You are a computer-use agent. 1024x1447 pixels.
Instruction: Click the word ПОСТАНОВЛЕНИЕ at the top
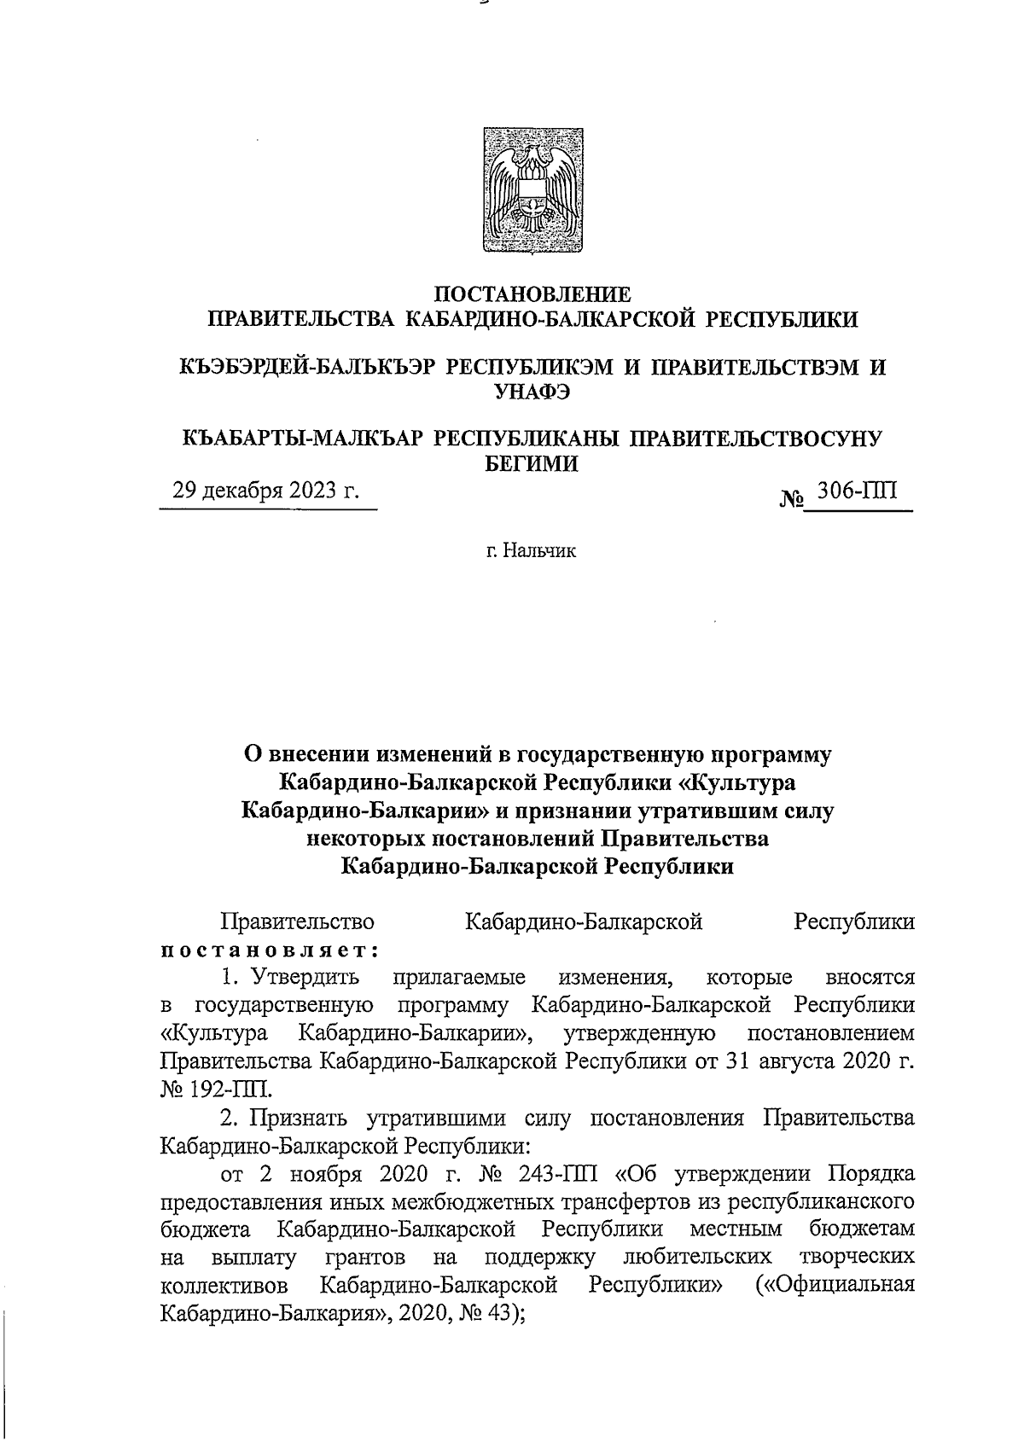[x=533, y=294]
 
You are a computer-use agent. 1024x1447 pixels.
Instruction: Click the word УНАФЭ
[x=533, y=393]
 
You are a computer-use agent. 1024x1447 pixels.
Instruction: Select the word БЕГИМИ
[x=533, y=464]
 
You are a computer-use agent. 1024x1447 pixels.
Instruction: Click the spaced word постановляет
[x=270, y=950]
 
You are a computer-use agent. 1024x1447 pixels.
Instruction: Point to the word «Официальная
[x=835, y=1284]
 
